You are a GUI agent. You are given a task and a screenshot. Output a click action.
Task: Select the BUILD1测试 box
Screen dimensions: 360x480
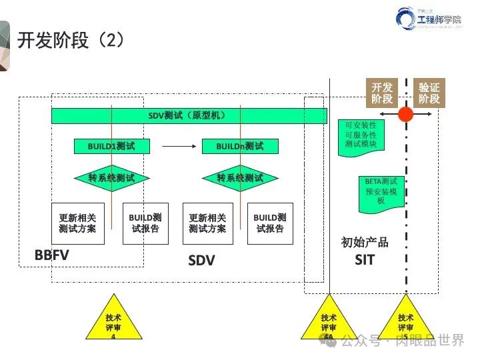pos(111,146)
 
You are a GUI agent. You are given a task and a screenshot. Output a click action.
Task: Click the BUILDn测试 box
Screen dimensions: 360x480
pos(239,146)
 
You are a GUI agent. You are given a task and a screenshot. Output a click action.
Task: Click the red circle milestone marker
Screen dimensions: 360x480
pos(405,114)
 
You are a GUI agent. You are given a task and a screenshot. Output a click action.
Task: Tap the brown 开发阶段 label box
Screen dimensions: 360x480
pos(383,93)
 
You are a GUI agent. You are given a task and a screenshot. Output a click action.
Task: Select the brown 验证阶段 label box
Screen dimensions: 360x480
pos(429,93)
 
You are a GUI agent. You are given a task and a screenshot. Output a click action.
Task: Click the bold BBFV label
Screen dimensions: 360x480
pos(52,255)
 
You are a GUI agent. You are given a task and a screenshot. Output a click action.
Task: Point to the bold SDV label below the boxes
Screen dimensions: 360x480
pos(201,261)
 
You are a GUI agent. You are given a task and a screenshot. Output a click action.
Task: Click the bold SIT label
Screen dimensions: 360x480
pos(365,260)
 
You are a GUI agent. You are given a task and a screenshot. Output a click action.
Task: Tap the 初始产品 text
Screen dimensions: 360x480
pos(365,242)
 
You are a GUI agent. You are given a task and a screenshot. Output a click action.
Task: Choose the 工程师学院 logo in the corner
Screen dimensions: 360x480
pos(429,20)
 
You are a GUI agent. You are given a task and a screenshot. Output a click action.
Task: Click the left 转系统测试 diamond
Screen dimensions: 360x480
pos(111,178)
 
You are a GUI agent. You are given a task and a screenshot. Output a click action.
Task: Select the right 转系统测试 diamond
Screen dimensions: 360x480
pos(240,178)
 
